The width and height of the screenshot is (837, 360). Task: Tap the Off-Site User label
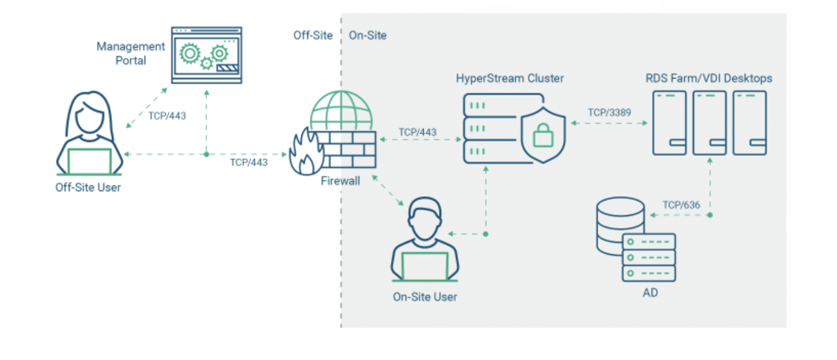(88, 187)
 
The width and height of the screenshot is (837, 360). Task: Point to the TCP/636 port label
(682, 204)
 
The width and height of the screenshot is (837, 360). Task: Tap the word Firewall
(340, 181)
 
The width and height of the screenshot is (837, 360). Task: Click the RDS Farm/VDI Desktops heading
(709, 79)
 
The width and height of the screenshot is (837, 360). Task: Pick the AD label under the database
(650, 293)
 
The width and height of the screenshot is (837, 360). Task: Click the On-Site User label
(425, 297)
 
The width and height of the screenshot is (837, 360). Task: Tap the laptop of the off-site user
(90, 161)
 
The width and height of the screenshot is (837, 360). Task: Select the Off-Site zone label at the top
(313, 35)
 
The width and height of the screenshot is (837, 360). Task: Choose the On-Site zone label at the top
(367, 35)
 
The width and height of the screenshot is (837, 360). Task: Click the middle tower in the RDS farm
(710, 122)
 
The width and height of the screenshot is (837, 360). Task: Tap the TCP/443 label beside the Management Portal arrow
(167, 115)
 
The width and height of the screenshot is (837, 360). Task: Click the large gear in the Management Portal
(189, 54)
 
